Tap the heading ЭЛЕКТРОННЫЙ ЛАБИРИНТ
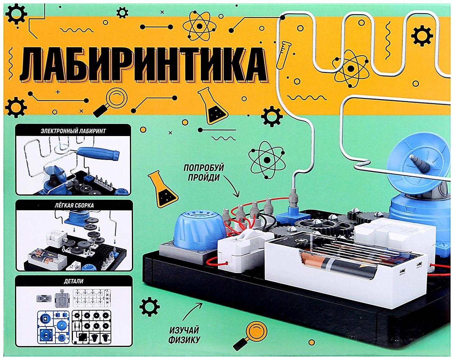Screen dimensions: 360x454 click(x=73, y=131)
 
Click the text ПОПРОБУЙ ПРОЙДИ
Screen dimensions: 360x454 click(x=204, y=173)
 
